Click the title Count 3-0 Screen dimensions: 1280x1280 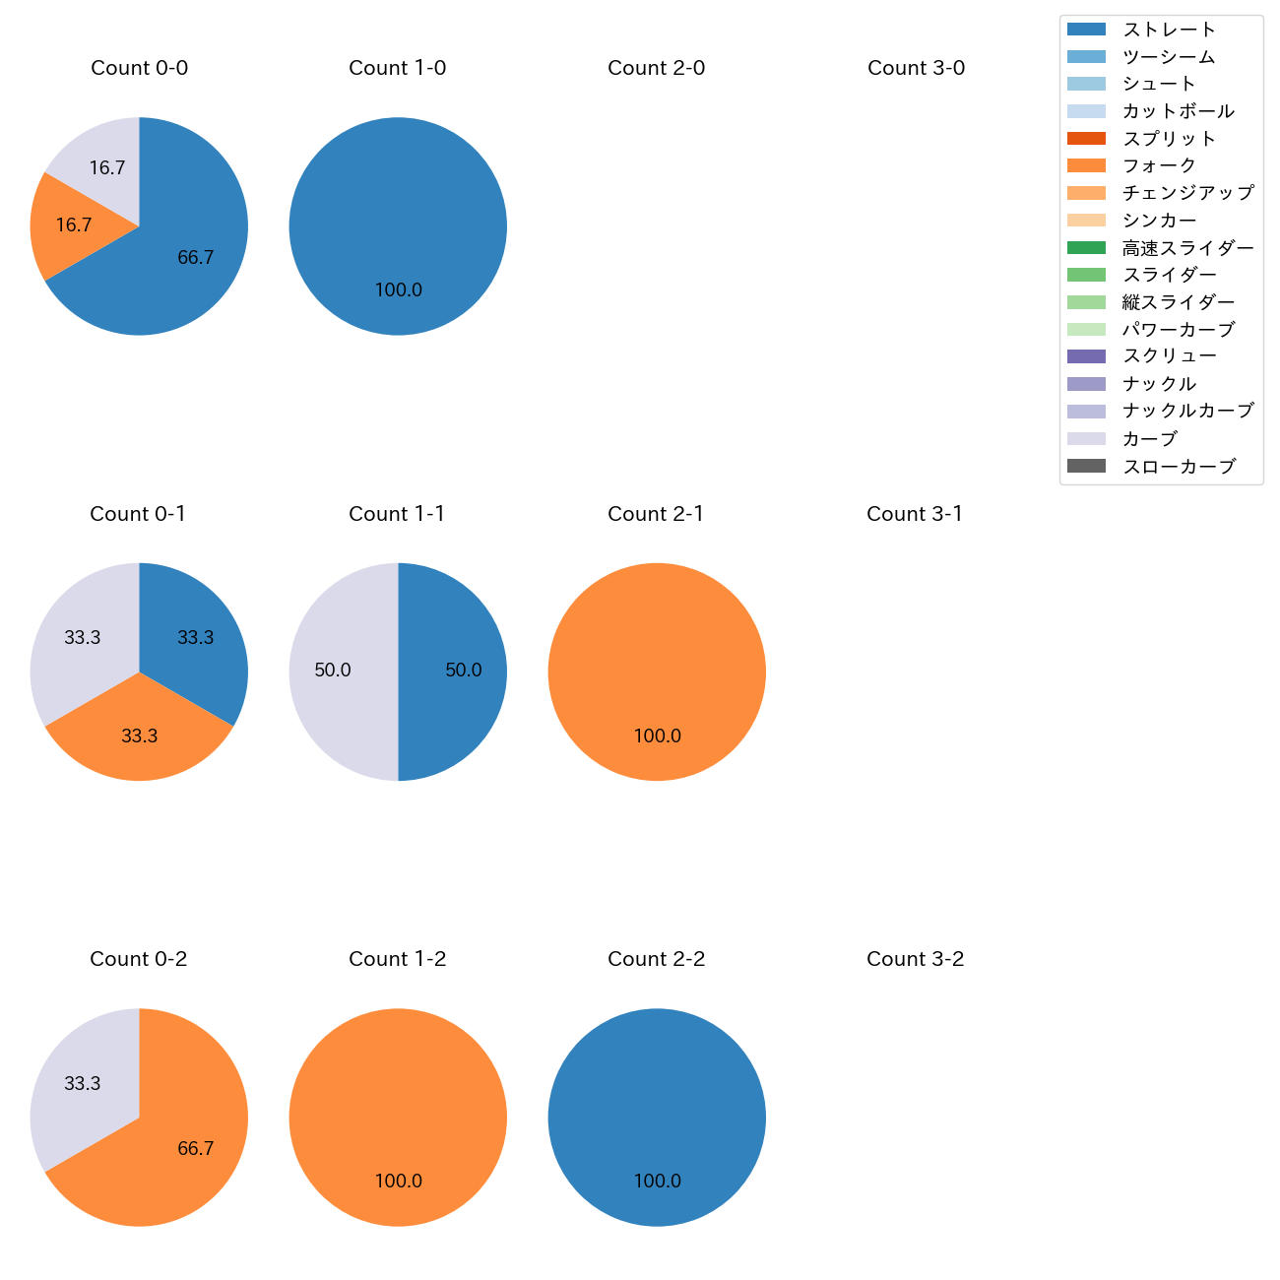tap(916, 68)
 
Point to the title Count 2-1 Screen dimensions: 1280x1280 tap(656, 514)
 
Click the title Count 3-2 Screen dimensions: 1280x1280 tap(915, 959)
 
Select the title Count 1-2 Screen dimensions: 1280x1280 tap(397, 959)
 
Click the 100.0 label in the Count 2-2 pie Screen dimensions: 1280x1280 tap(657, 1181)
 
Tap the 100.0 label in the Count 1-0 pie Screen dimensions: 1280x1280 tap(398, 289)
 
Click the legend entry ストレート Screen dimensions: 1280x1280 tap(1169, 30)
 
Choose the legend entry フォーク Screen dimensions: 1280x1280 tap(1159, 165)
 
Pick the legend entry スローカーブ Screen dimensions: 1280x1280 tap(1179, 467)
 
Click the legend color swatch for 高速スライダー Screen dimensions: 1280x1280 tap(1086, 247)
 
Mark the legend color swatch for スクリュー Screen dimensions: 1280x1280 tap(1086, 356)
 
